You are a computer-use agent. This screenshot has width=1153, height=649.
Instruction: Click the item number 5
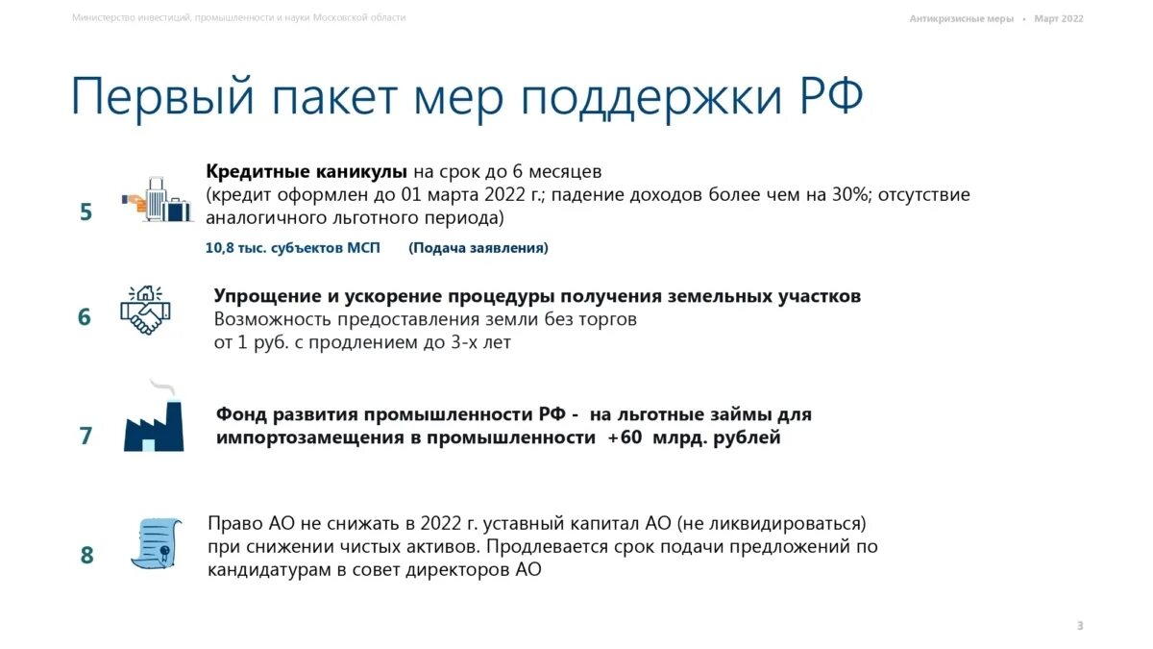click(86, 212)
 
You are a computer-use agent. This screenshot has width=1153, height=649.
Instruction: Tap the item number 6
click(85, 316)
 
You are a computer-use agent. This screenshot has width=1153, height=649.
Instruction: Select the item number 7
click(86, 436)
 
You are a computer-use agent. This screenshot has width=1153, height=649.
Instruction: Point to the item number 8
click(86, 555)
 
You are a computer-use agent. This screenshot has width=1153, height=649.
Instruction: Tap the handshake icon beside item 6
click(145, 310)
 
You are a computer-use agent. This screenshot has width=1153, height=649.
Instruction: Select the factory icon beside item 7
click(153, 421)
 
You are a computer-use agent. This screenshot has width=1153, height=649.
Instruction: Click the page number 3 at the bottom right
click(1079, 626)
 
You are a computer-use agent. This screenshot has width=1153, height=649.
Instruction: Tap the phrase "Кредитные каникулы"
click(307, 172)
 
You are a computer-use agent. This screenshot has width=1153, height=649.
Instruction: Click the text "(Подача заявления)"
click(478, 248)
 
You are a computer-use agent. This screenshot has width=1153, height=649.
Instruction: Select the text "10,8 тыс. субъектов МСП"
click(293, 248)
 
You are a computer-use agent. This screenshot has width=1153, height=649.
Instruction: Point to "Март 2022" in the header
click(1059, 18)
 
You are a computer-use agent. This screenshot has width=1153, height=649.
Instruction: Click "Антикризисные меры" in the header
click(961, 18)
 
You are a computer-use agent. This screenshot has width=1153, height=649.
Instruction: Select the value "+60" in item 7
click(625, 437)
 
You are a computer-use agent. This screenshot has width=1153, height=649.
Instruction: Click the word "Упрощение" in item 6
click(268, 296)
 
